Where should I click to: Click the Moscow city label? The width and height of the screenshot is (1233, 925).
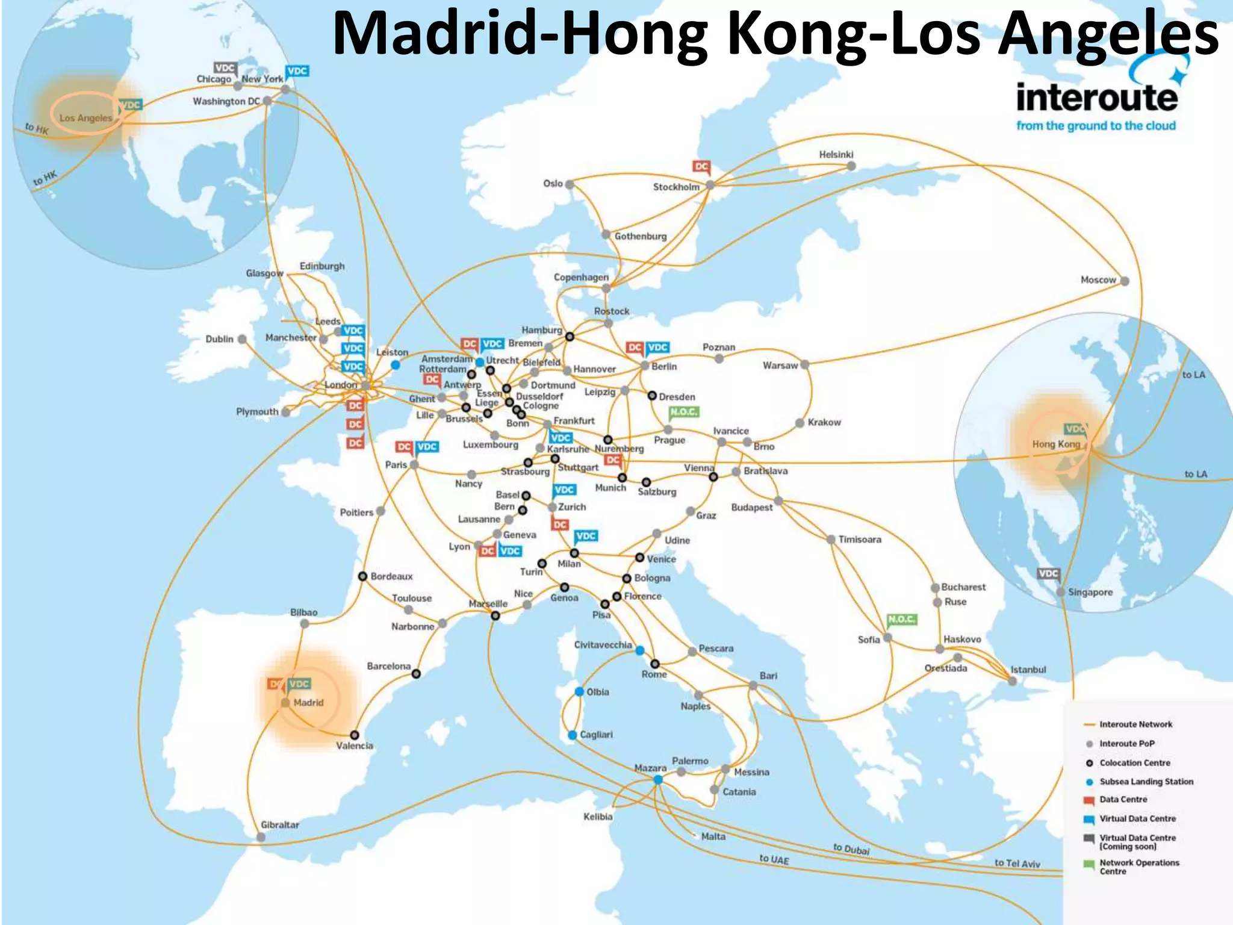coord(1098,280)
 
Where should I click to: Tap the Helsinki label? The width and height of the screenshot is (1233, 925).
coord(836,155)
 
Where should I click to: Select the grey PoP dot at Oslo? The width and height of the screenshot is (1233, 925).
coord(570,184)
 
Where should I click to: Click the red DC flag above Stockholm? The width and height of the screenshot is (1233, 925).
coord(701,167)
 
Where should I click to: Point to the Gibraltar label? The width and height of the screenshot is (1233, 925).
coord(279,824)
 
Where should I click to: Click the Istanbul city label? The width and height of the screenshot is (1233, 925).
coord(1028,670)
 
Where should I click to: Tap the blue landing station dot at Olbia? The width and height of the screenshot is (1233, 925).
coord(579,691)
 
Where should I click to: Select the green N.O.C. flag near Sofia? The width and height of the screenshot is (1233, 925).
coord(901,620)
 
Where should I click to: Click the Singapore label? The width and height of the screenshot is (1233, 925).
coord(1090,592)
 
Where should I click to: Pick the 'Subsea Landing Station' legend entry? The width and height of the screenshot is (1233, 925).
coord(1146,782)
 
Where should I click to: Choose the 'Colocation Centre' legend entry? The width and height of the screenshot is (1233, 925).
coord(1134,763)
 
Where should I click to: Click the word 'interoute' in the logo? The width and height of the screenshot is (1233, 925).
coord(1096,98)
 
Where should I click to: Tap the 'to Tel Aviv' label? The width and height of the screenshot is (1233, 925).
coord(1017,863)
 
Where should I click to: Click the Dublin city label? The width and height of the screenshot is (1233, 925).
coord(219,339)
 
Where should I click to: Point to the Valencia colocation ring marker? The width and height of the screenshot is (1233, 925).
coord(355,735)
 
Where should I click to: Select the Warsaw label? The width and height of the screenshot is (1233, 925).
coord(780,366)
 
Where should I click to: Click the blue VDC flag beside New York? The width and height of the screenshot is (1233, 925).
coord(297,72)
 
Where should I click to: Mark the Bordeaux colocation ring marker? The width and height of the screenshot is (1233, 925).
coord(362,576)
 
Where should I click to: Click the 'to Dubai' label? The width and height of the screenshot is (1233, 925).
coord(851,849)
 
